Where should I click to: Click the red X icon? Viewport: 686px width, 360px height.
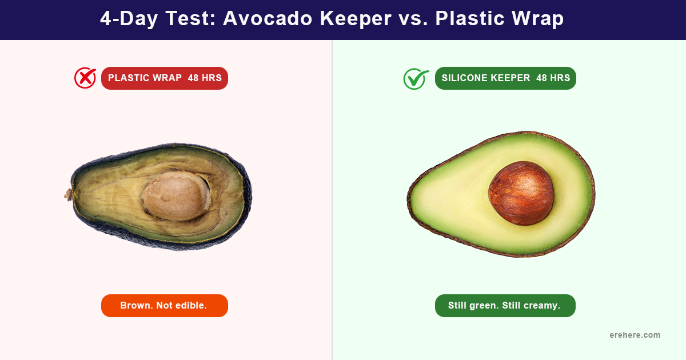pyautogui.click(x=85, y=78)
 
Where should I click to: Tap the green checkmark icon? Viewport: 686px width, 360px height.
pyautogui.click(x=416, y=79)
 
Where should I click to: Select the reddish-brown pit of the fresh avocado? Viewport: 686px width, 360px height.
pyautogui.click(x=521, y=193)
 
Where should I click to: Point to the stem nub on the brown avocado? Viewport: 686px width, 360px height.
pyautogui.click(x=68, y=195)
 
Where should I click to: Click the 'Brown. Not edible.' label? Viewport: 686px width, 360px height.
pyautogui.click(x=165, y=306)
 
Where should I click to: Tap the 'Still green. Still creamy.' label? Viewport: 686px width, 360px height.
pyautogui.click(x=505, y=306)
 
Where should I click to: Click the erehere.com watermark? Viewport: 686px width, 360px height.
pyautogui.click(x=635, y=335)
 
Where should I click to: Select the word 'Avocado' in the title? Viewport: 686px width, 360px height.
pyautogui.click(x=268, y=18)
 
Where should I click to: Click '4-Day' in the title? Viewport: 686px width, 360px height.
pyautogui.click(x=129, y=19)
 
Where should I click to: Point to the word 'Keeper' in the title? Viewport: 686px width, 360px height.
pyautogui.click(x=356, y=19)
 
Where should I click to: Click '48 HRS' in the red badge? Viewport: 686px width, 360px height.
pyautogui.click(x=205, y=78)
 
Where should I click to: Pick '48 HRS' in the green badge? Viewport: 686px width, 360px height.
pyautogui.click(x=553, y=78)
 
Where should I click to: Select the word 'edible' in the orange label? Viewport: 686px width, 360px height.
pyautogui.click(x=192, y=305)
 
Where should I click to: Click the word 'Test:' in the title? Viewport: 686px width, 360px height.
pyautogui.click(x=190, y=18)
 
